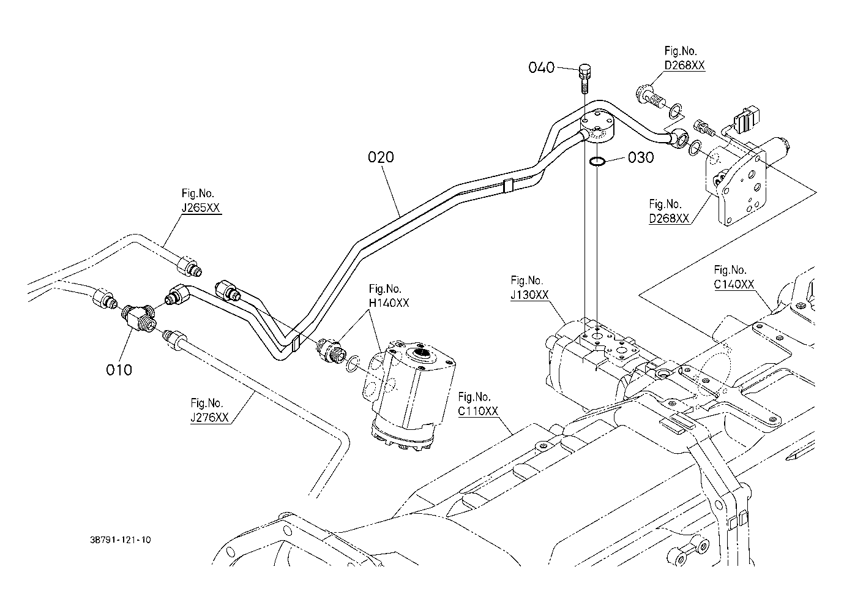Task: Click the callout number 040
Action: tap(542, 67)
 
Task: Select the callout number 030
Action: tap(641, 157)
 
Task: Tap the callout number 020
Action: tap(381, 157)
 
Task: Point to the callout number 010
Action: tap(119, 370)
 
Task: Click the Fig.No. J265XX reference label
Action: tap(201, 201)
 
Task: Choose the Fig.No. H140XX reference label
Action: tap(389, 296)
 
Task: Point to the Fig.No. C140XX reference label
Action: tap(733, 277)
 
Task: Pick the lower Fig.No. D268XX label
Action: tap(669, 211)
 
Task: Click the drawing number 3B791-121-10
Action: tap(119, 540)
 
